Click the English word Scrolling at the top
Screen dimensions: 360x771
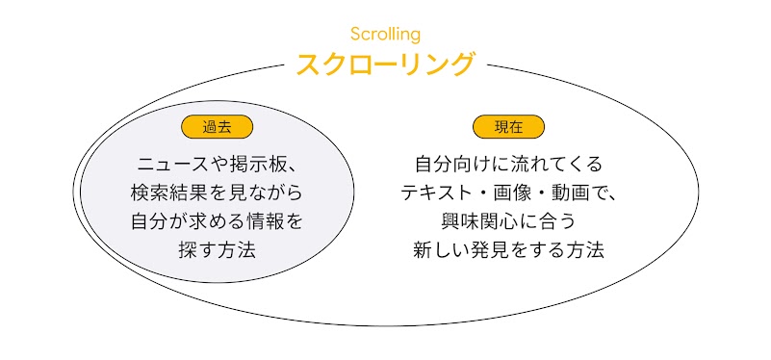click(385, 35)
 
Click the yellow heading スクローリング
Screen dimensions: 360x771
click(385, 64)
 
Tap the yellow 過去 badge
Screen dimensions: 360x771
click(217, 126)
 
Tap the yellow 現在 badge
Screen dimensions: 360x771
click(508, 126)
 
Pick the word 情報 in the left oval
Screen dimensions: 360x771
click(263, 221)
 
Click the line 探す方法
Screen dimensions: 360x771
click(217, 250)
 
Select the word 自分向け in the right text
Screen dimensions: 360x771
click(446, 164)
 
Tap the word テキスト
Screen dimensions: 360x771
click(436, 193)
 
